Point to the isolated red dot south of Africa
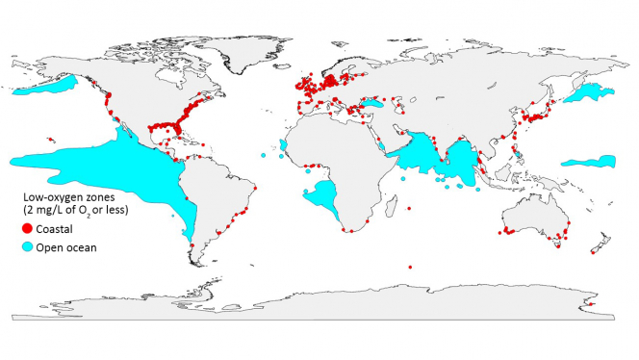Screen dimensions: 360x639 tap(410, 267)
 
